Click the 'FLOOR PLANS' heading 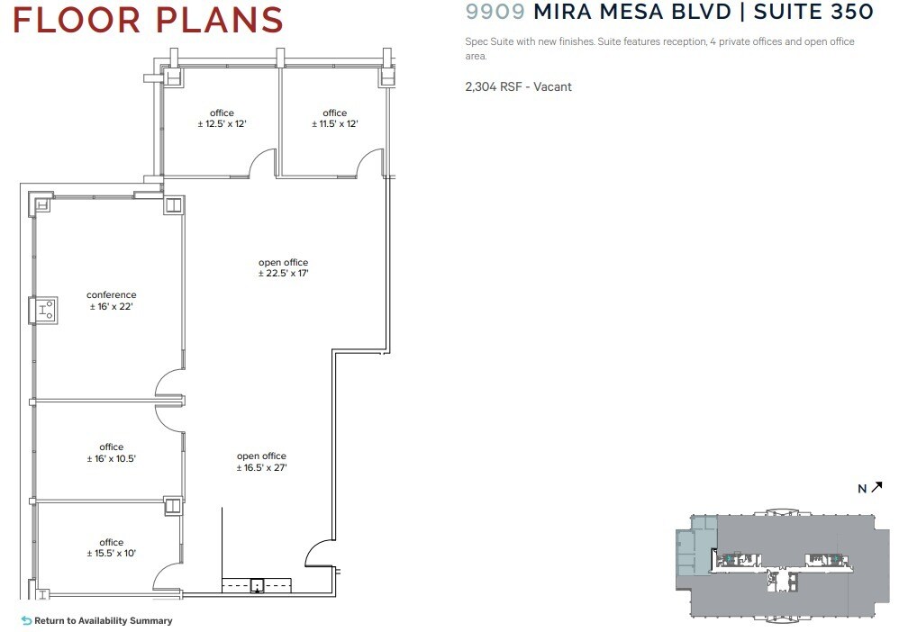tap(148, 20)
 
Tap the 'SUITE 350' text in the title tap(813, 12)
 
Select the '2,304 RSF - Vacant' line tap(518, 86)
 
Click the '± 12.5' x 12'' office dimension tap(222, 123)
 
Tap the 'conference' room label tap(112, 295)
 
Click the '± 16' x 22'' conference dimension tap(112, 307)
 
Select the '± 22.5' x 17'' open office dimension tap(284, 273)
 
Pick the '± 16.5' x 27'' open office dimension tap(261, 467)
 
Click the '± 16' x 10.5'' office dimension tap(112, 458)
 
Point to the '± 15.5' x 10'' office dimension tap(112, 554)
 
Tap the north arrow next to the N tap(876, 487)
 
